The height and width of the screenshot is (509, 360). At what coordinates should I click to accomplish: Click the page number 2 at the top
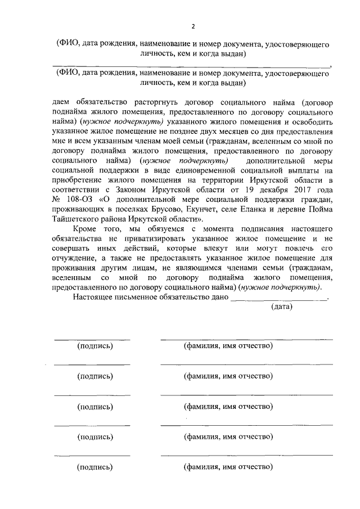(x=192, y=26)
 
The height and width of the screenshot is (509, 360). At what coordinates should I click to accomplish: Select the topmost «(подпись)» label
(x=94, y=346)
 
